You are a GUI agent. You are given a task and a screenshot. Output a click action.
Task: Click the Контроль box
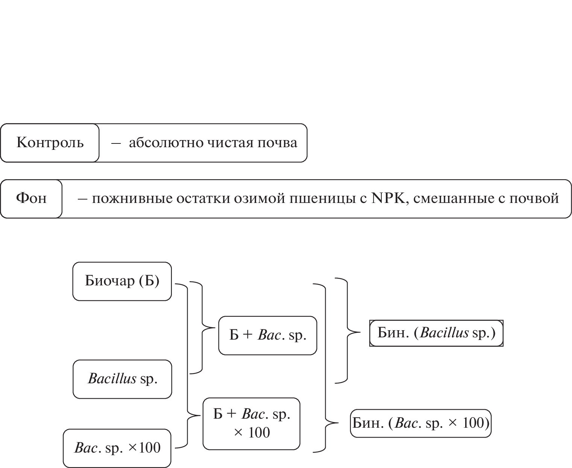(50, 143)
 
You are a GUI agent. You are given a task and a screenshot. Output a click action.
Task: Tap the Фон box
(31, 199)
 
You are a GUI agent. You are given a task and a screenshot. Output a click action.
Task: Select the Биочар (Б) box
(122, 281)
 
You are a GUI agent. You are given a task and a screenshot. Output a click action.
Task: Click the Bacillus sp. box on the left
(122, 379)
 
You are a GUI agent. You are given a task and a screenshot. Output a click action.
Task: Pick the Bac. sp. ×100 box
(117, 448)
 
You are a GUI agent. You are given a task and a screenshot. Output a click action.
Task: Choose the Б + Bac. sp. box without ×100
(268, 335)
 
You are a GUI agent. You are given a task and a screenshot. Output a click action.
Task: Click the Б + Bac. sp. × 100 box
(252, 424)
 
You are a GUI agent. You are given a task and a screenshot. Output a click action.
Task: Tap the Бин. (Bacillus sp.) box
(436, 333)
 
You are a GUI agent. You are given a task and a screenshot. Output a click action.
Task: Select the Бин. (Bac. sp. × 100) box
(420, 424)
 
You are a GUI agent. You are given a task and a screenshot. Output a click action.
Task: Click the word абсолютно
(158, 143)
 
